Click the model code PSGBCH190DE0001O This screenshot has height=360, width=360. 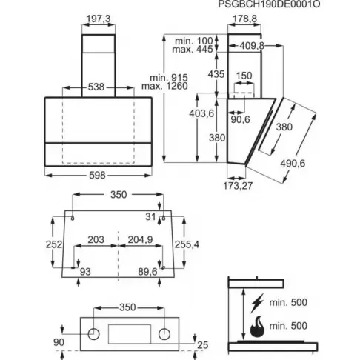(x=269, y=4)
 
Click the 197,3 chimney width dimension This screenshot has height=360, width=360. (x=99, y=19)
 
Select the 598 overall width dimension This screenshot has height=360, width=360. (x=97, y=175)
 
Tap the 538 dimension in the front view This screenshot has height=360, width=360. (x=96, y=87)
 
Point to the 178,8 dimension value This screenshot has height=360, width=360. (x=244, y=19)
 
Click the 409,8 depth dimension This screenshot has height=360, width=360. (x=252, y=46)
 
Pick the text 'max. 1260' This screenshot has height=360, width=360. (x=164, y=86)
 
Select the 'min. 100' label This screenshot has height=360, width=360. (x=194, y=41)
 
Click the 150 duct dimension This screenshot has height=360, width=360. (x=244, y=76)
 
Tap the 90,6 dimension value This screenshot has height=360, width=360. (x=240, y=119)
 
